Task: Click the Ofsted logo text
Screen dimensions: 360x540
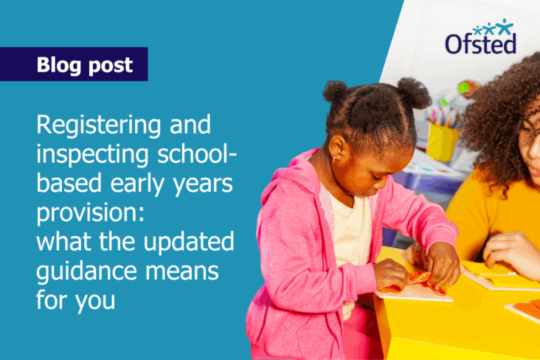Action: (x=480, y=44)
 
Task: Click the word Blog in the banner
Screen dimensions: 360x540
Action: (x=60, y=65)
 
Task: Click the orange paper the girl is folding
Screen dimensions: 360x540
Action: (x=422, y=281)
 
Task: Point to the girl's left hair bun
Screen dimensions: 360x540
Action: (x=336, y=92)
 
